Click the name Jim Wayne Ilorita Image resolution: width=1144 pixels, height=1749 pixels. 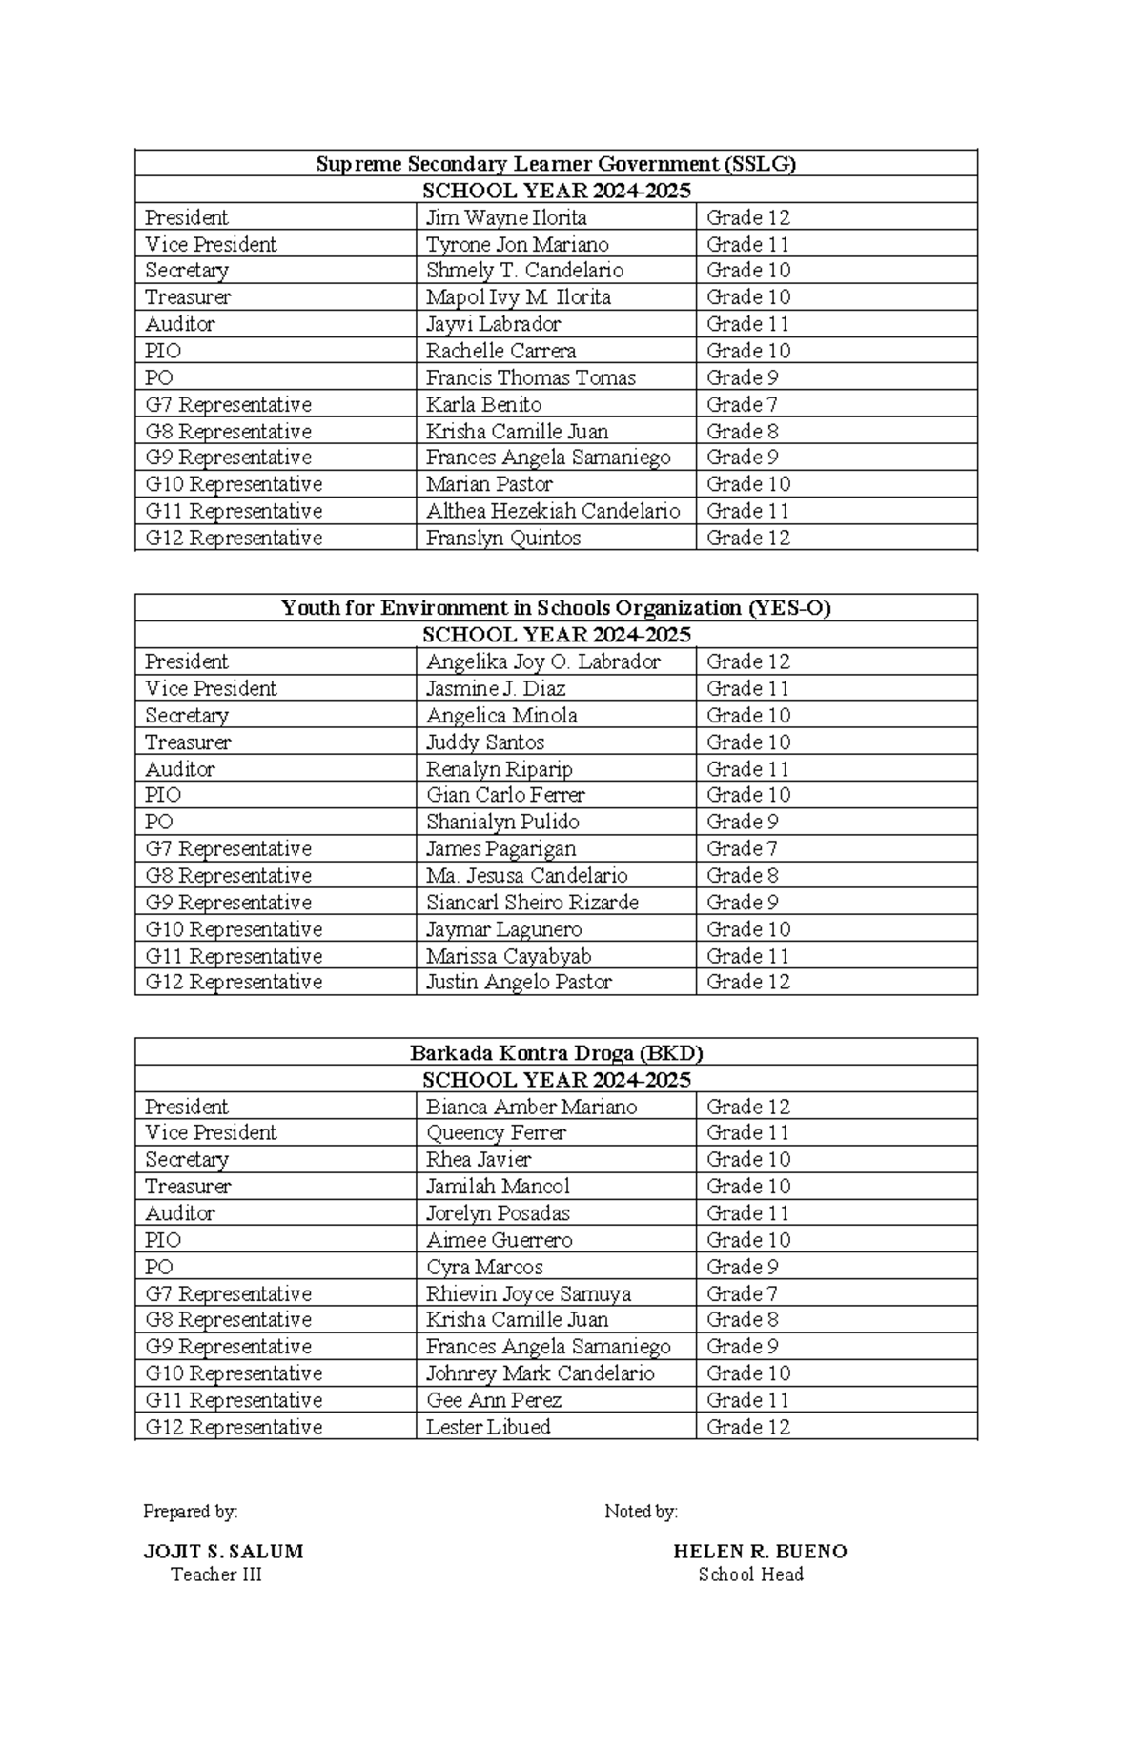pyautogui.click(x=506, y=217)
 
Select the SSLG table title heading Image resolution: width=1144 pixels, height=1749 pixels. pyautogui.click(x=556, y=164)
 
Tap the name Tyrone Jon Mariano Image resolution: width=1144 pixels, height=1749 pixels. pyautogui.click(x=517, y=245)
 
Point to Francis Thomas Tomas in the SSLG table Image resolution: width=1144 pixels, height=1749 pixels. pyautogui.click(x=530, y=377)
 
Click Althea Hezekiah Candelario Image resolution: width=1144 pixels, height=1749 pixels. pyautogui.click(x=553, y=511)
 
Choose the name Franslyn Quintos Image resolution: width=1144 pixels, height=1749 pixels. pyautogui.click(x=503, y=538)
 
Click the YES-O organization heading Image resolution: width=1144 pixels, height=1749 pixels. pyautogui.click(x=556, y=608)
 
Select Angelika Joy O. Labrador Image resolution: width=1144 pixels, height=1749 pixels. pyautogui.click(x=542, y=661)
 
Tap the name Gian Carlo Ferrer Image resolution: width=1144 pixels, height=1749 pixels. pyautogui.click(x=505, y=795)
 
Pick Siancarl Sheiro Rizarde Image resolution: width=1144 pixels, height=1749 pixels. pyautogui.click(x=532, y=902)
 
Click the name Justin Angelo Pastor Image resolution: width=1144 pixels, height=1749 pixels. pyautogui.click(x=519, y=982)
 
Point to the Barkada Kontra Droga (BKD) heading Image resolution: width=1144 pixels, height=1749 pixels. pyautogui.click(x=556, y=1053)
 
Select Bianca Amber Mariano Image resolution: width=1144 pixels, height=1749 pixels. pyautogui.click(x=531, y=1107)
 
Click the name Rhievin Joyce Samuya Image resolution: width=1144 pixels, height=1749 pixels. pyautogui.click(x=528, y=1293)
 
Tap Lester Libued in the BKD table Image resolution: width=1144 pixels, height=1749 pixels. pyautogui.click(x=488, y=1427)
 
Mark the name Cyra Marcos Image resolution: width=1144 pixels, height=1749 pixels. pyautogui.click(x=484, y=1267)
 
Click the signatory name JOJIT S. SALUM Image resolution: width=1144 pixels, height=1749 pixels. pyautogui.click(x=223, y=1551)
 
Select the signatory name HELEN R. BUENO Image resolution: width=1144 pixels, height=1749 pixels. pyautogui.click(x=760, y=1551)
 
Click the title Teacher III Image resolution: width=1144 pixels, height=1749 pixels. pyautogui.click(x=216, y=1575)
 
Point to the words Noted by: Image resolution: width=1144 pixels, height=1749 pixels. pyautogui.click(x=641, y=1512)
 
